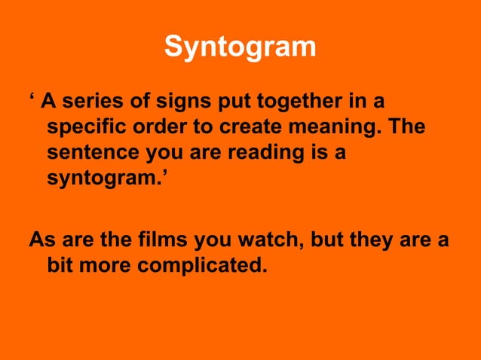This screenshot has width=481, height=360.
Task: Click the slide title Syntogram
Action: pos(240,46)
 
